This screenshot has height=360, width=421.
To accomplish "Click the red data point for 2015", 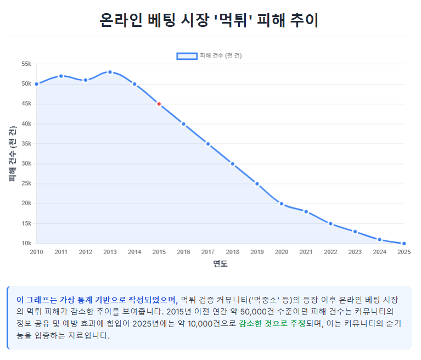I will point(159,104).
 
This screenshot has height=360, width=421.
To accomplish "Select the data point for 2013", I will point(110,72).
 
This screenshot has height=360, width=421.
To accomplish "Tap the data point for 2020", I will point(282,204).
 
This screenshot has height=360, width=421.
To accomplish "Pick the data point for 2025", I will point(404,244).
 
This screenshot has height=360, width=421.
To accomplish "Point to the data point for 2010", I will point(36,84).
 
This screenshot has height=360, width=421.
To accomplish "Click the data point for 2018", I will point(233,164).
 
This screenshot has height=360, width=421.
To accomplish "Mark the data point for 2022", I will point(330,223).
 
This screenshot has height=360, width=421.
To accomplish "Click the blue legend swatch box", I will point(187,56).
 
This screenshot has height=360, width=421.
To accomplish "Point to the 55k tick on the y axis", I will point(26,64).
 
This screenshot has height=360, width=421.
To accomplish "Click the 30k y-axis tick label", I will point(26,164).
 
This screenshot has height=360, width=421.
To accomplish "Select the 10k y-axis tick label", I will point(26,244).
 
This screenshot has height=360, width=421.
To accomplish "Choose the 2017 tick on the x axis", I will point(208,252).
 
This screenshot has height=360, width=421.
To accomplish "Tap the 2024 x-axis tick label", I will point(379,252).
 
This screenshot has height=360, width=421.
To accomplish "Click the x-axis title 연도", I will point(220,264).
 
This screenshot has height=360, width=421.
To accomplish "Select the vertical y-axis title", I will point(12,154).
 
